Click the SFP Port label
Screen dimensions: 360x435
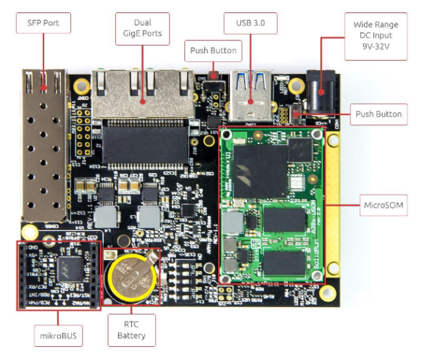(43, 24)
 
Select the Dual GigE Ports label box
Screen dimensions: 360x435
(142, 29)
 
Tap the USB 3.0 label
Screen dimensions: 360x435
(249, 24)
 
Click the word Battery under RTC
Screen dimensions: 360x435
(131, 335)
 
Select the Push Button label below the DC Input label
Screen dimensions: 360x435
(378, 114)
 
